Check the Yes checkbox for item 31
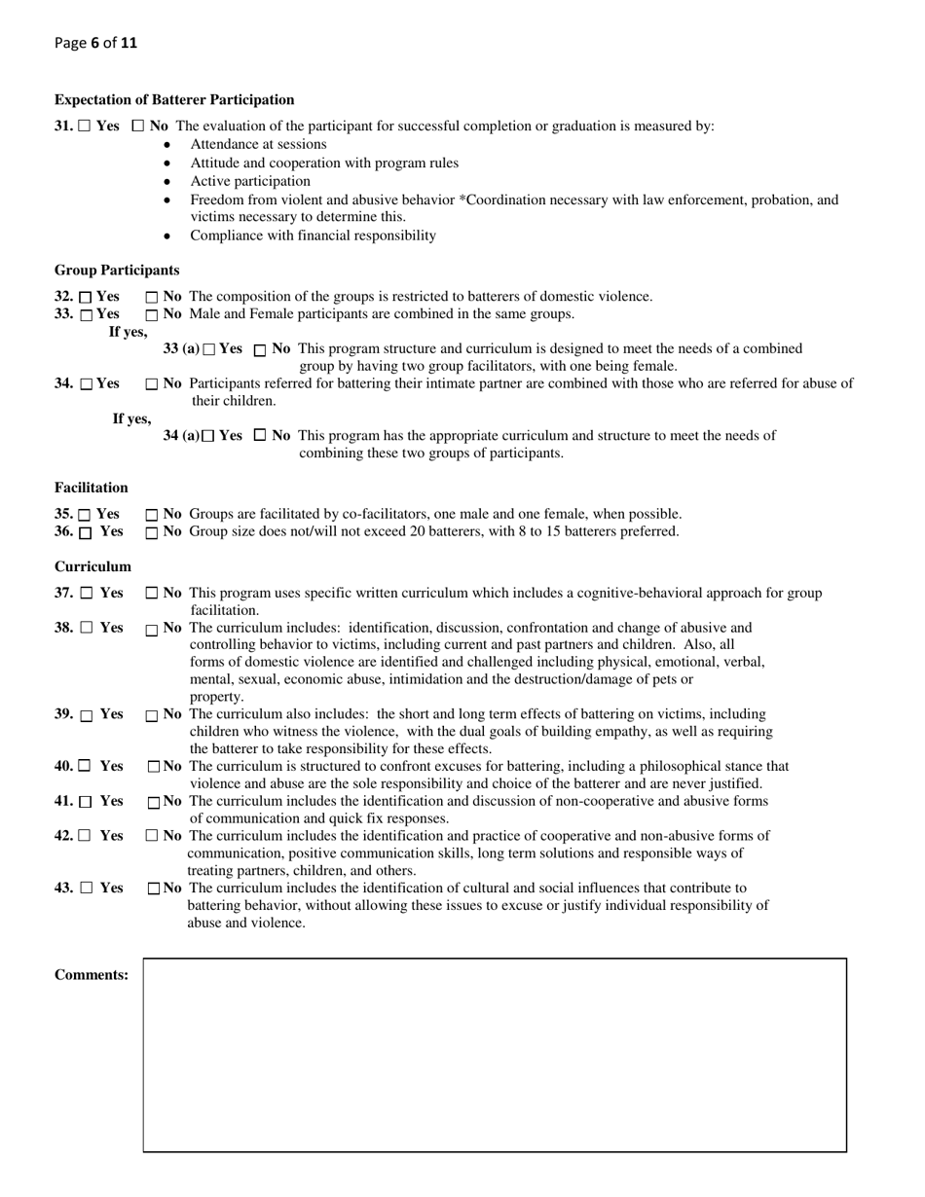(85, 127)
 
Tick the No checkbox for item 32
(151, 297)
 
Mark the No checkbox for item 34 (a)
(260, 436)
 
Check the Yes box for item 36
(86, 532)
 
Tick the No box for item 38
(151, 630)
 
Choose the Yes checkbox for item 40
(85, 767)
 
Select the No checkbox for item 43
(153, 889)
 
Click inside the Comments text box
(495, 1055)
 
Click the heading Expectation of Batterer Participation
(174, 99)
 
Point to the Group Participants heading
(117, 270)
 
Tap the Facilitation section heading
(91, 488)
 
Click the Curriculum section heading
(92, 566)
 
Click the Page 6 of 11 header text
(95, 43)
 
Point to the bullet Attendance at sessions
(258, 144)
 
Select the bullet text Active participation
(250, 181)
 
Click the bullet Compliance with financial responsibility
(313, 236)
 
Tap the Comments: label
(92, 975)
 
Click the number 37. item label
(63, 593)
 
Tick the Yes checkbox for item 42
(86, 835)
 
